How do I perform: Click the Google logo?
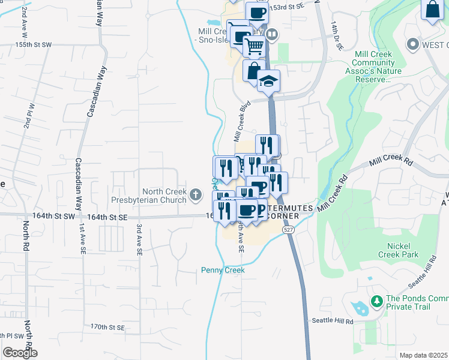coord(20,353)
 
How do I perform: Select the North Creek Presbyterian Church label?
coord(149,195)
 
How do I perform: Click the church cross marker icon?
coord(196,194)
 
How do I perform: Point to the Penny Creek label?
coord(223,271)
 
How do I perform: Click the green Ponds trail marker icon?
coord(376,301)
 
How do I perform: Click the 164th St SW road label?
coord(55,215)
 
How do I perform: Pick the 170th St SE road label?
coord(107,327)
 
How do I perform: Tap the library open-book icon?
coord(272,34)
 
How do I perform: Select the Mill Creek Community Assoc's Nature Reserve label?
coord(378,67)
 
